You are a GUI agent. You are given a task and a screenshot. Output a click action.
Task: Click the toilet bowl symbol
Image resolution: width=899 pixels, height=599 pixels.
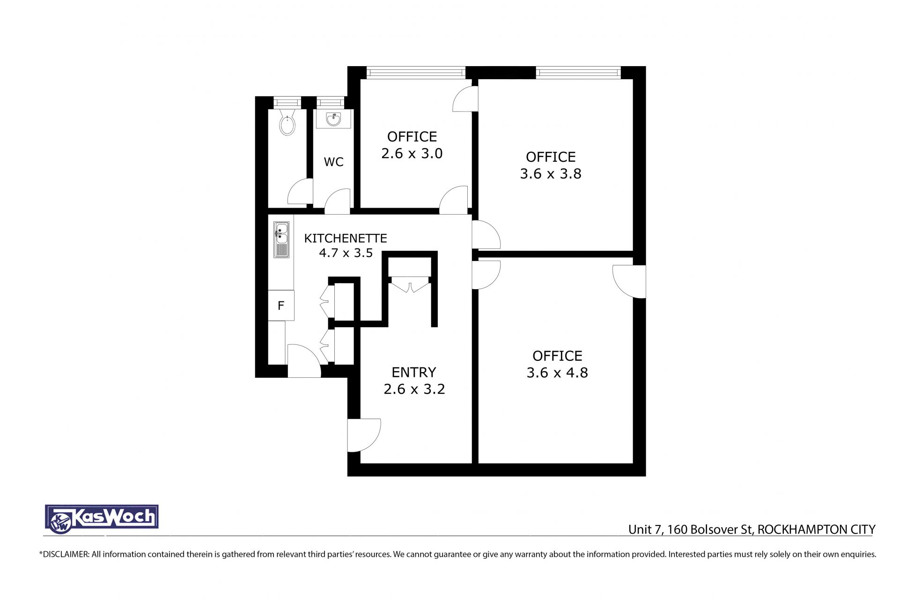[x=287, y=123]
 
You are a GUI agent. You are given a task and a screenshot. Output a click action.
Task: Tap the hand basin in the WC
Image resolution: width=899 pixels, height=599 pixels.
[x=333, y=119]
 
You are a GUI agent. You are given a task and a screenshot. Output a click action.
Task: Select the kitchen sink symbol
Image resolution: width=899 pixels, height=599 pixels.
[x=281, y=240]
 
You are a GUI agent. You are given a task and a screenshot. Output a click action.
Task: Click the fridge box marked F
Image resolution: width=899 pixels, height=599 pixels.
[x=281, y=306]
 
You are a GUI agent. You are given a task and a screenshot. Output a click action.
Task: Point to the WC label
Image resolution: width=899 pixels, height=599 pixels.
[x=333, y=162]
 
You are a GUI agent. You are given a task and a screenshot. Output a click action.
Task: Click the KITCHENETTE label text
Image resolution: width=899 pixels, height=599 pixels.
[x=346, y=239]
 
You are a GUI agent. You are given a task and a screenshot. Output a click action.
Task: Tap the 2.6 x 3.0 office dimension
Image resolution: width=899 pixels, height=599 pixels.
[x=412, y=154]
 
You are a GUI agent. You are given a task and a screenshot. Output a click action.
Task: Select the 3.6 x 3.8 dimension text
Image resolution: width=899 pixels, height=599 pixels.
[x=551, y=174]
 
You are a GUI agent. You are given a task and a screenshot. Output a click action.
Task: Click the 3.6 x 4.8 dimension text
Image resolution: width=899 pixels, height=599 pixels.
[x=557, y=373]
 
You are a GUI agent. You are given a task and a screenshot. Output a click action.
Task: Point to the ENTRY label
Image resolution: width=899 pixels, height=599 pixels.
[x=414, y=373]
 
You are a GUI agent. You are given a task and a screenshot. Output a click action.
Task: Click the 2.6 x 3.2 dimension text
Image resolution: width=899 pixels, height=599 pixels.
[x=414, y=389]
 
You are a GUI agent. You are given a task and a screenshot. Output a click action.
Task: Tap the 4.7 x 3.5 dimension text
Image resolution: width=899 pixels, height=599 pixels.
[x=346, y=253]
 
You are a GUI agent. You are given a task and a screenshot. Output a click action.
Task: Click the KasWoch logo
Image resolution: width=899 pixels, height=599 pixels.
[x=102, y=519]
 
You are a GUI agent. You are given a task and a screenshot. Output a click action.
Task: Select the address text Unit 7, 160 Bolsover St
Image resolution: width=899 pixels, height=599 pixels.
[x=690, y=530]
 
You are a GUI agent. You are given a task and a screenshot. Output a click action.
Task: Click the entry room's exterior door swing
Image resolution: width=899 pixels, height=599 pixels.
[x=364, y=435]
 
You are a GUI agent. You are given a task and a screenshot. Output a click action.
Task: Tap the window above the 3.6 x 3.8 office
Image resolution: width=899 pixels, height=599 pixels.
[x=578, y=73]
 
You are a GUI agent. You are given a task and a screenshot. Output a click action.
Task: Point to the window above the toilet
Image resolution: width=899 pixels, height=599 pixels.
[x=287, y=103]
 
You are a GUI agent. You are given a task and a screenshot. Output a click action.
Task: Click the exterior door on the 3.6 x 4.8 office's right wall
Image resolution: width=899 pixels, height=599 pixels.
[x=629, y=282]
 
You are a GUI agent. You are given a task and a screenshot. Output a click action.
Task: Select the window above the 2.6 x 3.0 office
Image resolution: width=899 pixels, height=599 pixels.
[x=416, y=73]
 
